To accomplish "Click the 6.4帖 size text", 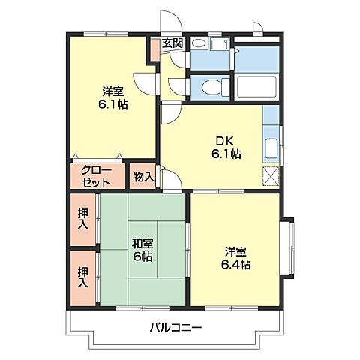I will coord(235,264).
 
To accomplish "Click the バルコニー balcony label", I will coord(175,328).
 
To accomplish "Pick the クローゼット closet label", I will coord(97,176).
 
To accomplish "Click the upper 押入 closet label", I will coord(82,218).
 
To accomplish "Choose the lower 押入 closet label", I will coord(82,277).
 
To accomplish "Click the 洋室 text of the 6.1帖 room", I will coord(114,91).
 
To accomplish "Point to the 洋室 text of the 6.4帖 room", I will coord(235,250).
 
